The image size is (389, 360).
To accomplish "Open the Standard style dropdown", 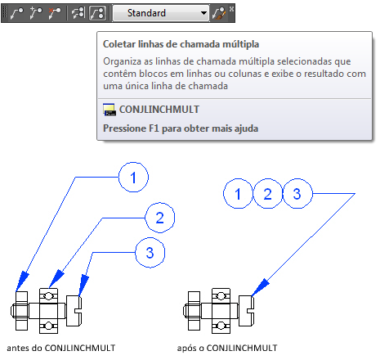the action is tap(161, 13).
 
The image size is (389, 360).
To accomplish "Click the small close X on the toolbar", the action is tap(231, 9).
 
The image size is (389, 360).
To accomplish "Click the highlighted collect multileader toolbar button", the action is tap(97, 13).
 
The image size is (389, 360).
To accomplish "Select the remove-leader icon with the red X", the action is tap(54, 13).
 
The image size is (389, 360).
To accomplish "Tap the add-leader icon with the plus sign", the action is tap(36, 13).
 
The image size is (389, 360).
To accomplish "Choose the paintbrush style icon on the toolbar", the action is tap(219, 13).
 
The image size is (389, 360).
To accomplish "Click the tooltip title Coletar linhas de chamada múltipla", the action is tap(181, 44).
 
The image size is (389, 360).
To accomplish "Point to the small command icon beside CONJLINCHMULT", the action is tap(110, 110).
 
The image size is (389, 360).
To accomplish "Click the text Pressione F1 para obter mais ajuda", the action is tap(181, 128).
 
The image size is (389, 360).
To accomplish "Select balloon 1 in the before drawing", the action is tap(133, 178).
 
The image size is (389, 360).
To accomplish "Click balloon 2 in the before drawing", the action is tap(159, 218).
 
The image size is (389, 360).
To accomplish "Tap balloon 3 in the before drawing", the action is tap(150, 253).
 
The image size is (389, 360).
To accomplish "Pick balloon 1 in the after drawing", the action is tap(238, 194).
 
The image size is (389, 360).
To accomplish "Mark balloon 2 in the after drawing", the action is tap(268, 194).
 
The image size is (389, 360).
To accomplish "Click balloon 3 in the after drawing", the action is tap(297, 194).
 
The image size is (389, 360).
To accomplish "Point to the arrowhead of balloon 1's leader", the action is tap(21, 281).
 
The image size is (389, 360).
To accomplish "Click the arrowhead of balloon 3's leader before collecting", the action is tap(83, 286).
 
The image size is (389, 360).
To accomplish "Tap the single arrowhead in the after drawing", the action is tap(260, 287).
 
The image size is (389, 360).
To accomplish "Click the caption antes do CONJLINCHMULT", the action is tap(61, 348).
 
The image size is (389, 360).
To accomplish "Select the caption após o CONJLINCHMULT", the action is tap(227, 348).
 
